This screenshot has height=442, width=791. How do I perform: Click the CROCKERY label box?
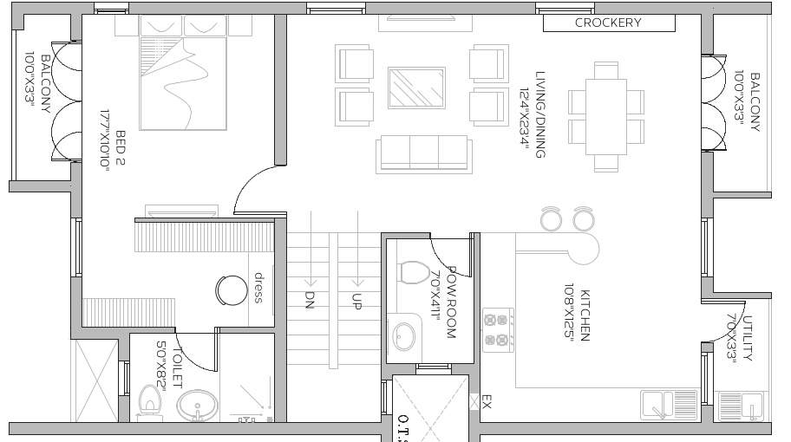click(x=609, y=23)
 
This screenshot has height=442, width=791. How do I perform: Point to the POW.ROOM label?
click(x=443, y=303)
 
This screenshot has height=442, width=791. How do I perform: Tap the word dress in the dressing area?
click(x=258, y=288)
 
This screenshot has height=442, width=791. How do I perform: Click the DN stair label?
click(x=309, y=300)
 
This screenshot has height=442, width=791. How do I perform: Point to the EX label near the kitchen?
click(x=487, y=402)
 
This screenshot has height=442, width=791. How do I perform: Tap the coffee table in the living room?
click(x=416, y=88)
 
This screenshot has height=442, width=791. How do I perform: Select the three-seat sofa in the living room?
click(x=424, y=153)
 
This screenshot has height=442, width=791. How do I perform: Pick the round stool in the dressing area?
click(x=232, y=289)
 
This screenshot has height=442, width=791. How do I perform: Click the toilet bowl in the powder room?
click(x=414, y=272)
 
